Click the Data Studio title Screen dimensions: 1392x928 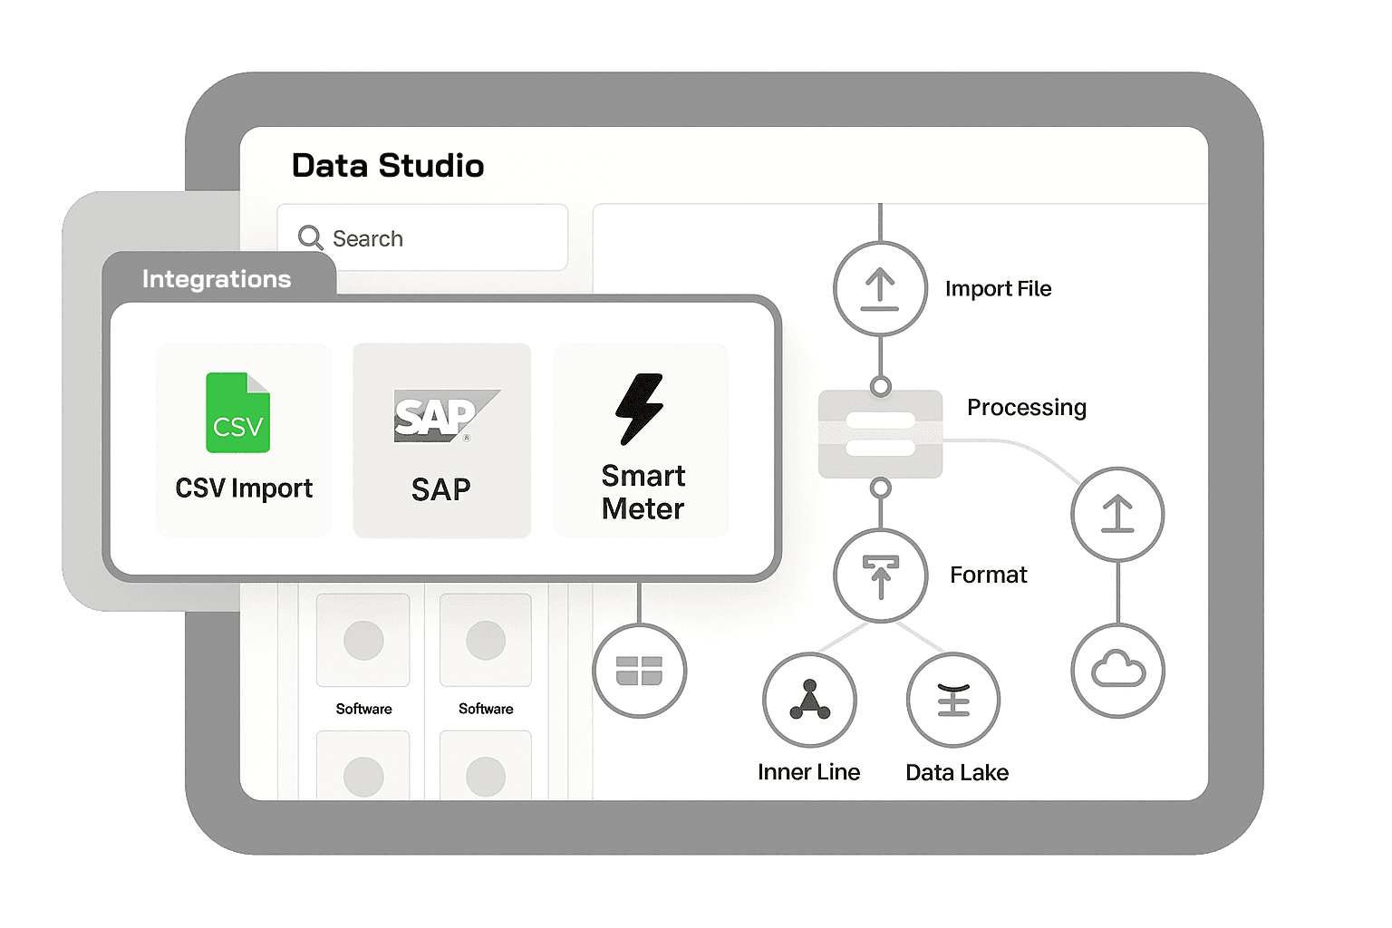[x=388, y=165]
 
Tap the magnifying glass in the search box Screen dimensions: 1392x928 [x=310, y=237]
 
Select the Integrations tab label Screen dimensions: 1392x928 [x=217, y=279]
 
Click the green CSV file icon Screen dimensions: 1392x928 [x=238, y=412]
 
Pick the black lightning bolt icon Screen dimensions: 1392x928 [x=640, y=409]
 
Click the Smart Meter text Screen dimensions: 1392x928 [x=643, y=492]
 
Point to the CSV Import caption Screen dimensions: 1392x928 [x=244, y=488]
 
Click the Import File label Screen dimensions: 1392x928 [x=998, y=288]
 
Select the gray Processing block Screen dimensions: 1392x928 [x=880, y=434]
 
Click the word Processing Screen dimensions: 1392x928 [x=1027, y=408]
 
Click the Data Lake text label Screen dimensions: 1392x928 [x=957, y=773]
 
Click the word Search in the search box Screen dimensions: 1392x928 [x=368, y=238]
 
